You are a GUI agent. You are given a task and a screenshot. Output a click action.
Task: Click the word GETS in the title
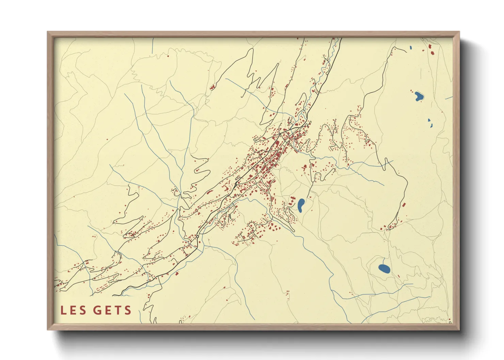(x=112, y=310)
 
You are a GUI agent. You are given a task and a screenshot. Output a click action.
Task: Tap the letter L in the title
(x=63, y=310)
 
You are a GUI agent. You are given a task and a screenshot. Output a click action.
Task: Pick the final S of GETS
(x=128, y=310)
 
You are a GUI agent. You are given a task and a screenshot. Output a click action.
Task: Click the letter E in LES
(x=73, y=310)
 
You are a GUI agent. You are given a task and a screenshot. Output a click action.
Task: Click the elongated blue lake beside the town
(x=301, y=205)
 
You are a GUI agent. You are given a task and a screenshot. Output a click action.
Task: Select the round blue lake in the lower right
(x=384, y=268)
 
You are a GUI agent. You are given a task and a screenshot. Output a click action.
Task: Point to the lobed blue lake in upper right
(x=418, y=96)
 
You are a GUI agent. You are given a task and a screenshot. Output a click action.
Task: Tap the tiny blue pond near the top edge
(x=411, y=48)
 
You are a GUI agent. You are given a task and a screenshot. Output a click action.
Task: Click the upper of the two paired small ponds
(x=429, y=120)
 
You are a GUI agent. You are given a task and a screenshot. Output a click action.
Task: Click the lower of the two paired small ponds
(x=431, y=126)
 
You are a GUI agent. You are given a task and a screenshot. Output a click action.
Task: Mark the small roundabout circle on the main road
(x=198, y=236)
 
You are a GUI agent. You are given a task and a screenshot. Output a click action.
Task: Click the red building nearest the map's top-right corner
(x=430, y=46)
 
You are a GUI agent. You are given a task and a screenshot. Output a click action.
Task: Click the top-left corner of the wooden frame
(x=48, y=32)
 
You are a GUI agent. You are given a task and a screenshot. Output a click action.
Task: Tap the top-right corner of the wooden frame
(x=459, y=32)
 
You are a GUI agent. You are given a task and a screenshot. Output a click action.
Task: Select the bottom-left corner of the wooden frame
(x=48, y=329)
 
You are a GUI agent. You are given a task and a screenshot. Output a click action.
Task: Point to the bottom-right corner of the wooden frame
(x=459, y=329)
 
